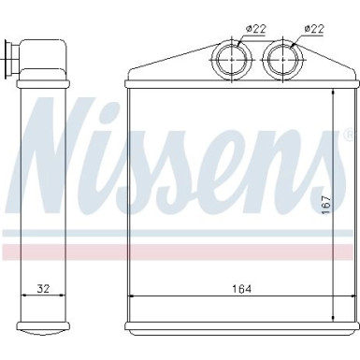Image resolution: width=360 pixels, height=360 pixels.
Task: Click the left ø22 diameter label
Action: pyautogui.click(x=256, y=28)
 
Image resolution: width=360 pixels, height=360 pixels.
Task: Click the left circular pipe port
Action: pyautogui.click(x=228, y=60)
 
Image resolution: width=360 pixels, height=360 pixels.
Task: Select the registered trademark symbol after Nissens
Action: pyautogui.click(x=349, y=142)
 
